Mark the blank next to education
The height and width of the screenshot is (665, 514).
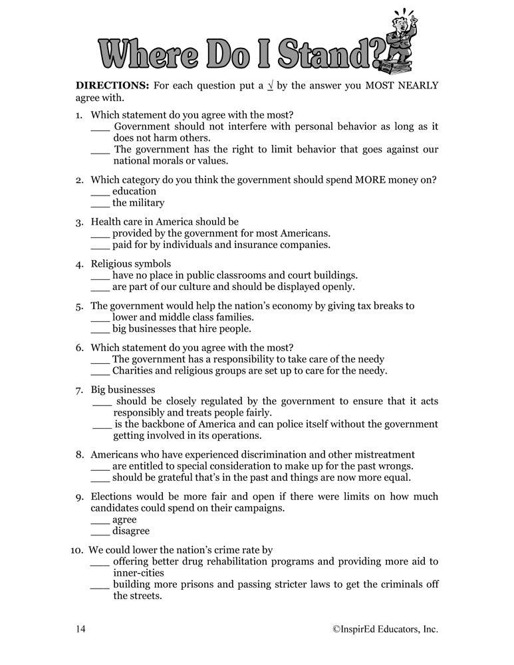point(99,193)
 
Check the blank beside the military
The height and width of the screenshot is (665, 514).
point(99,204)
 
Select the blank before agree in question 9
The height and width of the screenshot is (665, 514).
point(100,521)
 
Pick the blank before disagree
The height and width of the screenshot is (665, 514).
point(100,532)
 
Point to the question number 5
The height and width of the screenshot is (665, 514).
point(78,307)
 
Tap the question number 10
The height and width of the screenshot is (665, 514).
point(76,551)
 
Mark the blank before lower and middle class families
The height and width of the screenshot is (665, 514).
point(99,319)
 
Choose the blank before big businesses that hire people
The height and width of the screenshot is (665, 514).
point(99,330)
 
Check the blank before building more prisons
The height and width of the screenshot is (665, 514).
point(100,586)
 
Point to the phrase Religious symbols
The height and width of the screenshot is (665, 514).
point(130,263)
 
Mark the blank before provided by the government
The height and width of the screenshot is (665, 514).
point(99,234)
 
